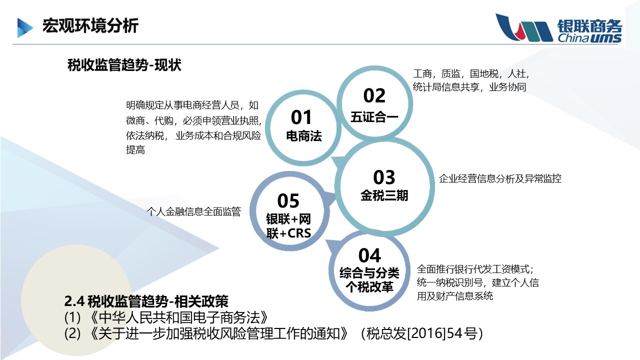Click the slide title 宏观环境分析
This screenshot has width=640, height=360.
[x=90, y=25]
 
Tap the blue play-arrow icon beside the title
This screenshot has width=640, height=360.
[x=25, y=27]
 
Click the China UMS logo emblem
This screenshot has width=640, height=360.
[x=524, y=27]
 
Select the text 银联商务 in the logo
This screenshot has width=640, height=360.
[x=589, y=26]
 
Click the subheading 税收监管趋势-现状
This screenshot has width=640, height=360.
[x=124, y=65]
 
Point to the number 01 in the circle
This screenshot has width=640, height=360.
[x=301, y=117]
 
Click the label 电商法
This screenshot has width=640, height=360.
[x=304, y=136]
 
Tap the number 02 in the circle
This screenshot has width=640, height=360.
[x=374, y=95]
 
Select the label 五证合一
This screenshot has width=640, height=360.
[x=374, y=117]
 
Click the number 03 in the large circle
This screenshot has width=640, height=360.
[x=384, y=177]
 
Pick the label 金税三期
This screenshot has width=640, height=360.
[x=384, y=195]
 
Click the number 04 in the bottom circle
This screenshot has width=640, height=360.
[x=369, y=255]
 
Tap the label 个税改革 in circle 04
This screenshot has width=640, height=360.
[x=369, y=287]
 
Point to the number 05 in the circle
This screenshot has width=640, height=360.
[x=288, y=201]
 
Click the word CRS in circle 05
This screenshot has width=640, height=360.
[x=299, y=233]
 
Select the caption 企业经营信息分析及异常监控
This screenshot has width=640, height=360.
[x=500, y=178]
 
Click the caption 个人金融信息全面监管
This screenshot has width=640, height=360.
[x=193, y=211]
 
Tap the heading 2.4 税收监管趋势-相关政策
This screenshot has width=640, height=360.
[x=146, y=301]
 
